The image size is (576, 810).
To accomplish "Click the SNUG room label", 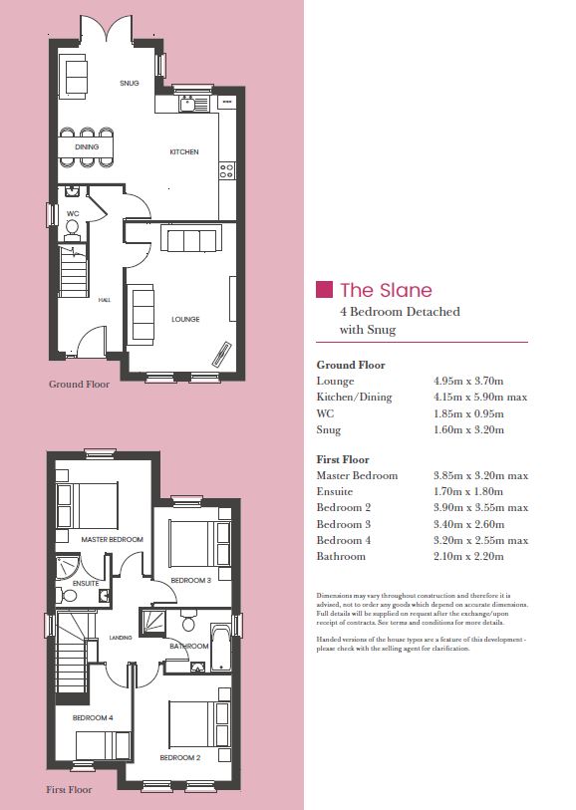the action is click(130, 83).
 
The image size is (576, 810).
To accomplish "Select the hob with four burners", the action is click(227, 170).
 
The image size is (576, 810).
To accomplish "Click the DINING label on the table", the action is click(87, 146).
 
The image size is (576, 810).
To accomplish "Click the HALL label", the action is click(105, 300).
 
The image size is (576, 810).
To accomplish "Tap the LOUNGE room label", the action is click(185, 319).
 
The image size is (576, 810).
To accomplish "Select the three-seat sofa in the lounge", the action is click(191, 238).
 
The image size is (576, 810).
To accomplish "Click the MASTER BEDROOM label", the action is click(112, 539).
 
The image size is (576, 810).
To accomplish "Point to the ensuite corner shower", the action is click(67, 567).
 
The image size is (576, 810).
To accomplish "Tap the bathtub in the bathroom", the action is click(220, 648).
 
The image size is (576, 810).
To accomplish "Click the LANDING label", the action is click(121, 638).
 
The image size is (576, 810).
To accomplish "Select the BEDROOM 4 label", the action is click(93, 717).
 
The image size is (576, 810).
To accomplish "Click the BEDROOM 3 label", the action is click(191, 580).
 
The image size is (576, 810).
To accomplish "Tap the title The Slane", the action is click(386, 290).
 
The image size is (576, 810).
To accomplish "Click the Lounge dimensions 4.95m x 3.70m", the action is click(468, 382).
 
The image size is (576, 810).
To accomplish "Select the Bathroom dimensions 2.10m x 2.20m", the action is click(468, 556).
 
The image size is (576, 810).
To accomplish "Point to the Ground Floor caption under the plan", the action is click(79, 384).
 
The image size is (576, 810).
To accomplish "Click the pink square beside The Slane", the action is click(324, 289).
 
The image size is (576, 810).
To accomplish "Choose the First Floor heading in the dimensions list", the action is click(343, 459).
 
